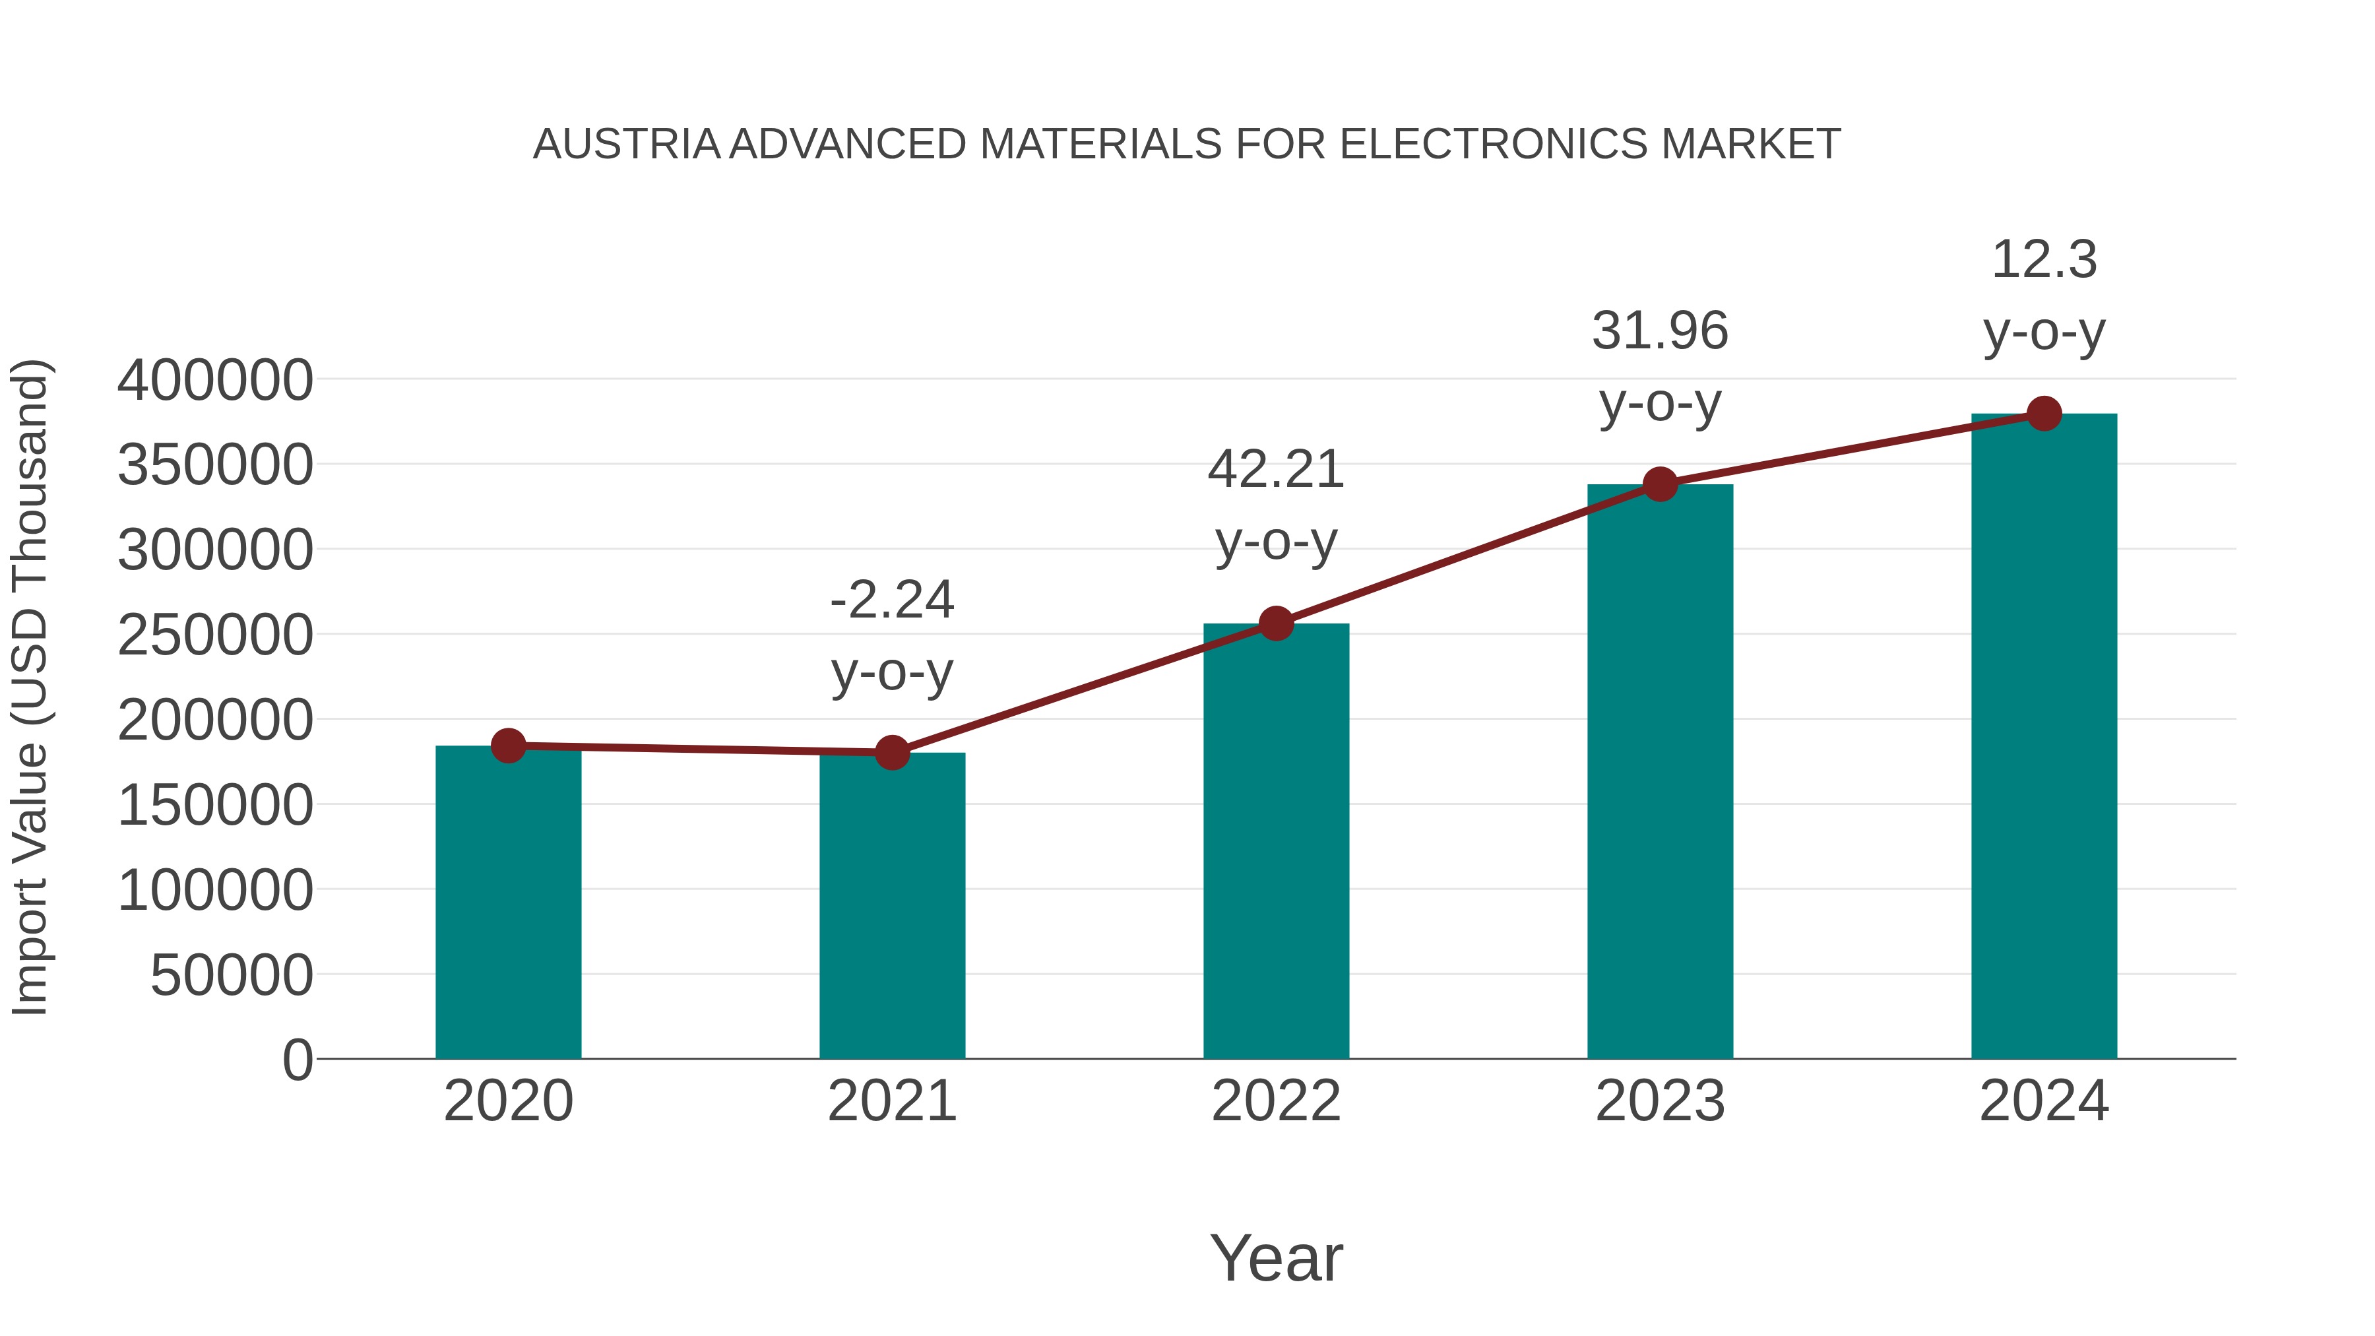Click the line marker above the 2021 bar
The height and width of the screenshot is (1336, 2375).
(x=891, y=752)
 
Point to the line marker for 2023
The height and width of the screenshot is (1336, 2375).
(x=1660, y=484)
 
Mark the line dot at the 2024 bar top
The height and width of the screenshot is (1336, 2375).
(x=2044, y=414)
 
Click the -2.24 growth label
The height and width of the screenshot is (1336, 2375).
(x=891, y=600)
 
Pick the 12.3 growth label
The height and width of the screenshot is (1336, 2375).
(x=2044, y=259)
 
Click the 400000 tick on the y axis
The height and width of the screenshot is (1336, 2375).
(x=215, y=380)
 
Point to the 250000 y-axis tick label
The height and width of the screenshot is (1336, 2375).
(x=215, y=635)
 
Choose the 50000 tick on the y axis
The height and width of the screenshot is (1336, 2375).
(x=232, y=976)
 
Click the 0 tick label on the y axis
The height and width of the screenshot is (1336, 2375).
(x=297, y=1060)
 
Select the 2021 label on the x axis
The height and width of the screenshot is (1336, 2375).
(x=891, y=1101)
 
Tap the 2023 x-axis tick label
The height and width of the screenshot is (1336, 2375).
(x=1660, y=1101)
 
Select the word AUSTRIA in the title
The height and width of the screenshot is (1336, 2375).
(x=627, y=144)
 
